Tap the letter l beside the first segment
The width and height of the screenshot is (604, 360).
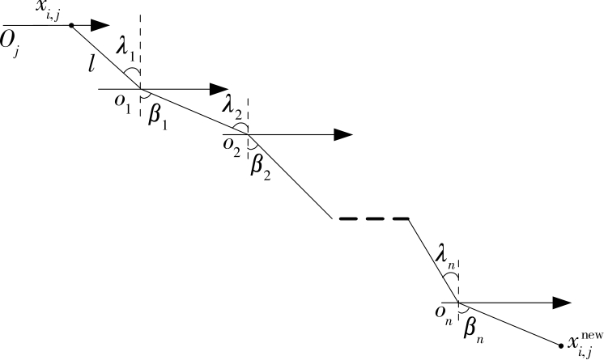pos(96,61)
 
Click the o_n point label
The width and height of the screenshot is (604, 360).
pos(443,316)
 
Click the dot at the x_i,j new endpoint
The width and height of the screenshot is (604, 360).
pos(561,345)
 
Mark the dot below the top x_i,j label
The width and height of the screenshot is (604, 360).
pos(71,25)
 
